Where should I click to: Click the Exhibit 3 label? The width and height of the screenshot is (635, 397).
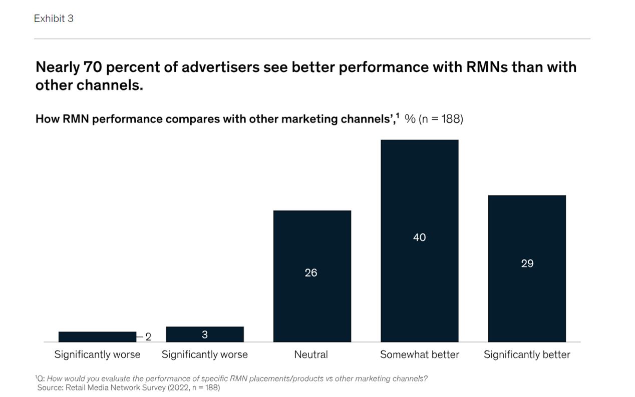(54, 18)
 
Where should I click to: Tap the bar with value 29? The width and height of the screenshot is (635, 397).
(527, 300)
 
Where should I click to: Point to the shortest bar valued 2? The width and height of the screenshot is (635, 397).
(97, 336)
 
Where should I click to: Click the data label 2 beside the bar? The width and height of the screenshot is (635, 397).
(148, 337)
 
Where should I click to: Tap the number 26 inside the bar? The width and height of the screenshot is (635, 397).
(311, 273)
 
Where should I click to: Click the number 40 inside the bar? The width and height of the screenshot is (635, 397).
(419, 237)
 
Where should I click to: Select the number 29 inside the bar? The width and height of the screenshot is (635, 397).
(527, 263)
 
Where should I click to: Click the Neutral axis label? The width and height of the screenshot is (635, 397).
(311, 355)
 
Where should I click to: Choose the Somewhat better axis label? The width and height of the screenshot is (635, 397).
(419, 355)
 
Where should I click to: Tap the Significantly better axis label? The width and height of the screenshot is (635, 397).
(527, 355)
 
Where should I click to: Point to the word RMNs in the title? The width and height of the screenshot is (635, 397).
(488, 67)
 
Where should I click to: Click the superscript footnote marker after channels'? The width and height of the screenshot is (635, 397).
(398, 116)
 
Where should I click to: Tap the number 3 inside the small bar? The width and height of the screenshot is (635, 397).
(205, 334)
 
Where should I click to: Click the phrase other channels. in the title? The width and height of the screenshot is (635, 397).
(89, 85)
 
